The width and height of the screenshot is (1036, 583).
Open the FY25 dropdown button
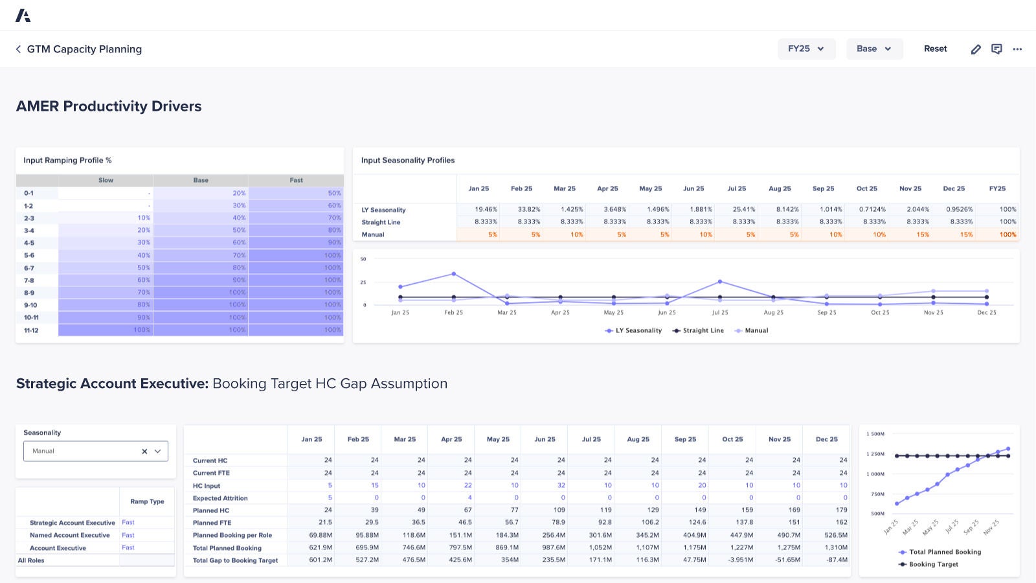806,49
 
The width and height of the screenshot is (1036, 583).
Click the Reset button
935,49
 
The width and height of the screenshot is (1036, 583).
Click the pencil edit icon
976,49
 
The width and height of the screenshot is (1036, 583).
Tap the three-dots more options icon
1017,49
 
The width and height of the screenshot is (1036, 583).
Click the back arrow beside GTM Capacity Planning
18,49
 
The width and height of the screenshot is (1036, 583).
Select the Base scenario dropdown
874,49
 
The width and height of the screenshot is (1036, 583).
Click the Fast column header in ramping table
296,180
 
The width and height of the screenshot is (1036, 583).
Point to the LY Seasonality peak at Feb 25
453,274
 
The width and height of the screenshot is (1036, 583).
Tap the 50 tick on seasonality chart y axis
363,259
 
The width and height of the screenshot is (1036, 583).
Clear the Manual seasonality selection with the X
144,452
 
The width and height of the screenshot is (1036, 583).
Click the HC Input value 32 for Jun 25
561,485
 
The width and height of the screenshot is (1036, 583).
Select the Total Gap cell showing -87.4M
837,560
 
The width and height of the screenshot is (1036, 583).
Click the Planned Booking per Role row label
232,535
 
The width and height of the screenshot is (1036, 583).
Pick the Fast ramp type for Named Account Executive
128,535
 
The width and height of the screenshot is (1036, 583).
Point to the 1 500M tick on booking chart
875,434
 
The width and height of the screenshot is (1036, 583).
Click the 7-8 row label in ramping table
29,280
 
